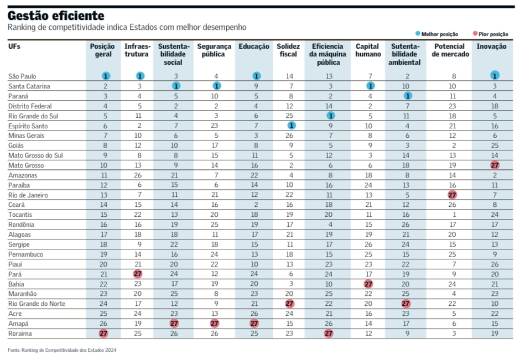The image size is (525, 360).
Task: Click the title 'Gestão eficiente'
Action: coord(56,15)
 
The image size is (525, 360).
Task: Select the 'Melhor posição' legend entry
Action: coord(436,34)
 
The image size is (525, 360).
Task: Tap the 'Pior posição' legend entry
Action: coord(490,34)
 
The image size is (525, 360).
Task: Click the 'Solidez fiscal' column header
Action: coord(288,50)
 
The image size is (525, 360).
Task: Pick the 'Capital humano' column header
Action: coord(368,50)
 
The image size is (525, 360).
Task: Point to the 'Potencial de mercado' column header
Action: coord(450,50)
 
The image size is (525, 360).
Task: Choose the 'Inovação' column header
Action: coord(491,46)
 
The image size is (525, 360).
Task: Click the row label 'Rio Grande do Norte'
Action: coord(37,304)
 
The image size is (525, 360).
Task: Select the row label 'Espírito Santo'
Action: coord(28,126)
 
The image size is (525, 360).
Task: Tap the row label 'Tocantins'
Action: coord(20,215)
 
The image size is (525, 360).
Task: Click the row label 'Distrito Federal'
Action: coord(30,106)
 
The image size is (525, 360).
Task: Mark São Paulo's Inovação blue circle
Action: coord(495,76)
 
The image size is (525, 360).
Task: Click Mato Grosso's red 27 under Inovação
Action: coord(495,165)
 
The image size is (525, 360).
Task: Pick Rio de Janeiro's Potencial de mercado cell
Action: coord(452,195)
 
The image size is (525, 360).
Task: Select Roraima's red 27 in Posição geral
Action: coord(103,333)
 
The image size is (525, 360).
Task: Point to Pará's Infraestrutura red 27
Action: coord(138,274)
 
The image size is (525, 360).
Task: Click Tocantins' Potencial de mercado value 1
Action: coord(454,215)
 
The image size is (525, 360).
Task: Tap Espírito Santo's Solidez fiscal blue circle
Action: coord(292,126)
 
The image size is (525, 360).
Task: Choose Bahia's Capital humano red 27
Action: coord(368,284)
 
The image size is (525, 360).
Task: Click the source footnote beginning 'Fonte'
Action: coord(62,350)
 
